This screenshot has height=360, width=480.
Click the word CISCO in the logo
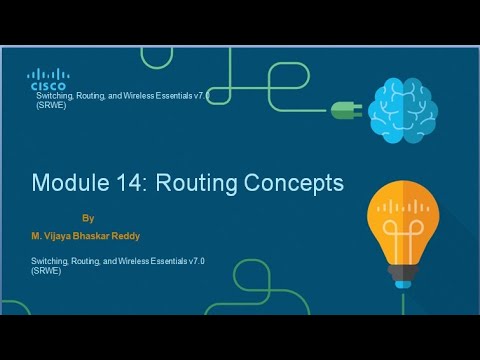47,86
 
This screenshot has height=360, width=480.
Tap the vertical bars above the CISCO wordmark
47,74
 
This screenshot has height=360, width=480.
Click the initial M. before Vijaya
37,238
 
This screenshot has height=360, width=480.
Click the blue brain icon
402,108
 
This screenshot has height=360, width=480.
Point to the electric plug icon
341,106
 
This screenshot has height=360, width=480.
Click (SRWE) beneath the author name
46,271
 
